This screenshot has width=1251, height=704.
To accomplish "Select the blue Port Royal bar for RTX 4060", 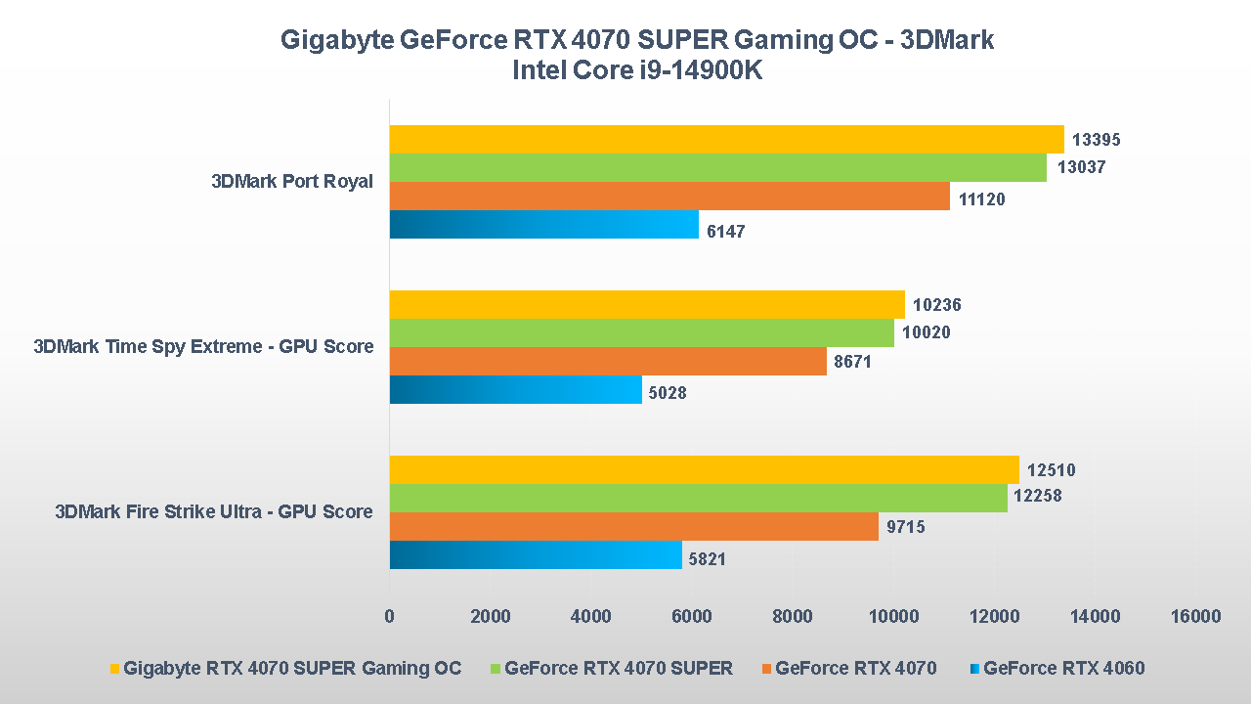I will (543, 225).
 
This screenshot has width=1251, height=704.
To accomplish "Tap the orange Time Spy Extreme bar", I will (607, 362).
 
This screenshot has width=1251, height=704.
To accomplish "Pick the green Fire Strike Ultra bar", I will (698, 498).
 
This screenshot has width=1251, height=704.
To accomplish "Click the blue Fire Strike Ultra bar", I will (535, 555).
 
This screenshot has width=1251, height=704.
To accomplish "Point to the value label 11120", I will (981, 198).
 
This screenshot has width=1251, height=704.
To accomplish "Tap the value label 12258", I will (1037, 497).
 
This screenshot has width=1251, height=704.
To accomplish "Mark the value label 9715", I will (906, 527).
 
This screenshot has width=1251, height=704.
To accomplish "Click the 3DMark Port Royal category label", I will (292, 182).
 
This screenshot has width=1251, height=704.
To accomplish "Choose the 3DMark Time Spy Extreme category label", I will (203, 347).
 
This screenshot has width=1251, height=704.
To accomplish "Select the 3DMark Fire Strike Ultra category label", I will (214, 511).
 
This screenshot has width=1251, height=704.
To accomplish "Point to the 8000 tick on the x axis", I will (793, 616).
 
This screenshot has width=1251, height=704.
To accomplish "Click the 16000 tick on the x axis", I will (1195, 616).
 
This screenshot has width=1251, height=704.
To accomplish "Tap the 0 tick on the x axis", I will (390, 616).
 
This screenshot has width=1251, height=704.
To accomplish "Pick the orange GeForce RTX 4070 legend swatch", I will (765, 669).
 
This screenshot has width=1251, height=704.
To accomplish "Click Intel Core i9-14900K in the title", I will (636, 70).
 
